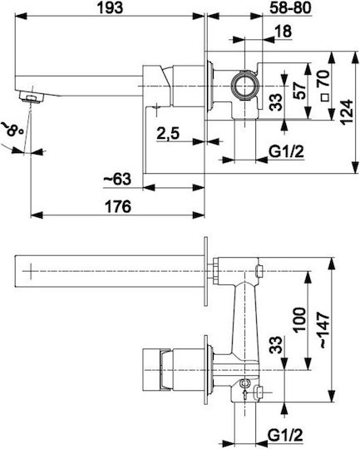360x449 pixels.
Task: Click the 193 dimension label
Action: (x=110, y=7)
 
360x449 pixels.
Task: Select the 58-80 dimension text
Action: (x=290, y=7)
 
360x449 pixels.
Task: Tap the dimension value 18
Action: (x=283, y=31)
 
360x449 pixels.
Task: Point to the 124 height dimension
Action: (x=347, y=112)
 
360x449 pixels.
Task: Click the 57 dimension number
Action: (x=300, y=91)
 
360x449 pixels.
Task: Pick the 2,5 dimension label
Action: (x=168, y=133)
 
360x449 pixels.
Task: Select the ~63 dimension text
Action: (x=117, y=180)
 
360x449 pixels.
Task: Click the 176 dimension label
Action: (x=118, y=206)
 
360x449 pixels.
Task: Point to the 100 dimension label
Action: (x=299, y=320)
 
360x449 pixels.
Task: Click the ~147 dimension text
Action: (x=323, y=329)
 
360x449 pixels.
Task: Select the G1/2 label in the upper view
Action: (x=286, y=151)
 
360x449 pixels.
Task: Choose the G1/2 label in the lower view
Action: (x=285, y=436)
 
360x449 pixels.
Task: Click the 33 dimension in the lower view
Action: (x=276, y=345)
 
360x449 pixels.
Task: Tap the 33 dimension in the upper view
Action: (x=276, y=102)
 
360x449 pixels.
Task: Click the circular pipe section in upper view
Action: (x=245, y=86)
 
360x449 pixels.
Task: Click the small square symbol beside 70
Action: (x=325, y=97)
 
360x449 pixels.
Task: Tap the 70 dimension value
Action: (x=323, y=78)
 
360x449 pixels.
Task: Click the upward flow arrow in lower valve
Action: (x=245, y=394)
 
